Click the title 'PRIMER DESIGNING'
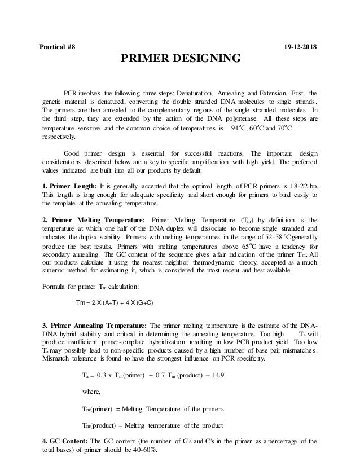pyautogui.click(x=180, y=59)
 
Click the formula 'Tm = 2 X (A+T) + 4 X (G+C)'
pyautogui.click(x=115, y=302)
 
